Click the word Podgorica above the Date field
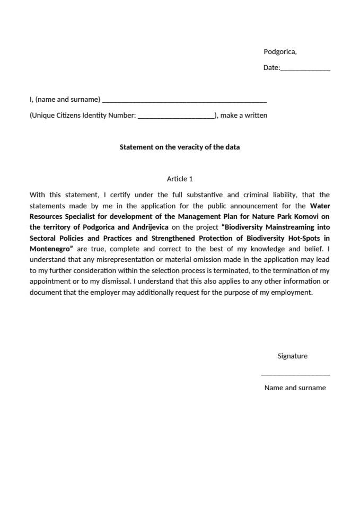point(279,51)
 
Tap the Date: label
point(271,68)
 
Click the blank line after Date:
point(305,69)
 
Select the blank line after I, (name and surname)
point(184,101)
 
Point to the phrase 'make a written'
point(243,115)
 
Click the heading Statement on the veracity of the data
point(179,147)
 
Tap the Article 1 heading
point(180,179)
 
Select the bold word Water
point(320,206)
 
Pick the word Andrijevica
point(150,227)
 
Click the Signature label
point(292,356)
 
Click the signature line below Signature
point(295,375)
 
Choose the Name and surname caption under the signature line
point(295,388)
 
